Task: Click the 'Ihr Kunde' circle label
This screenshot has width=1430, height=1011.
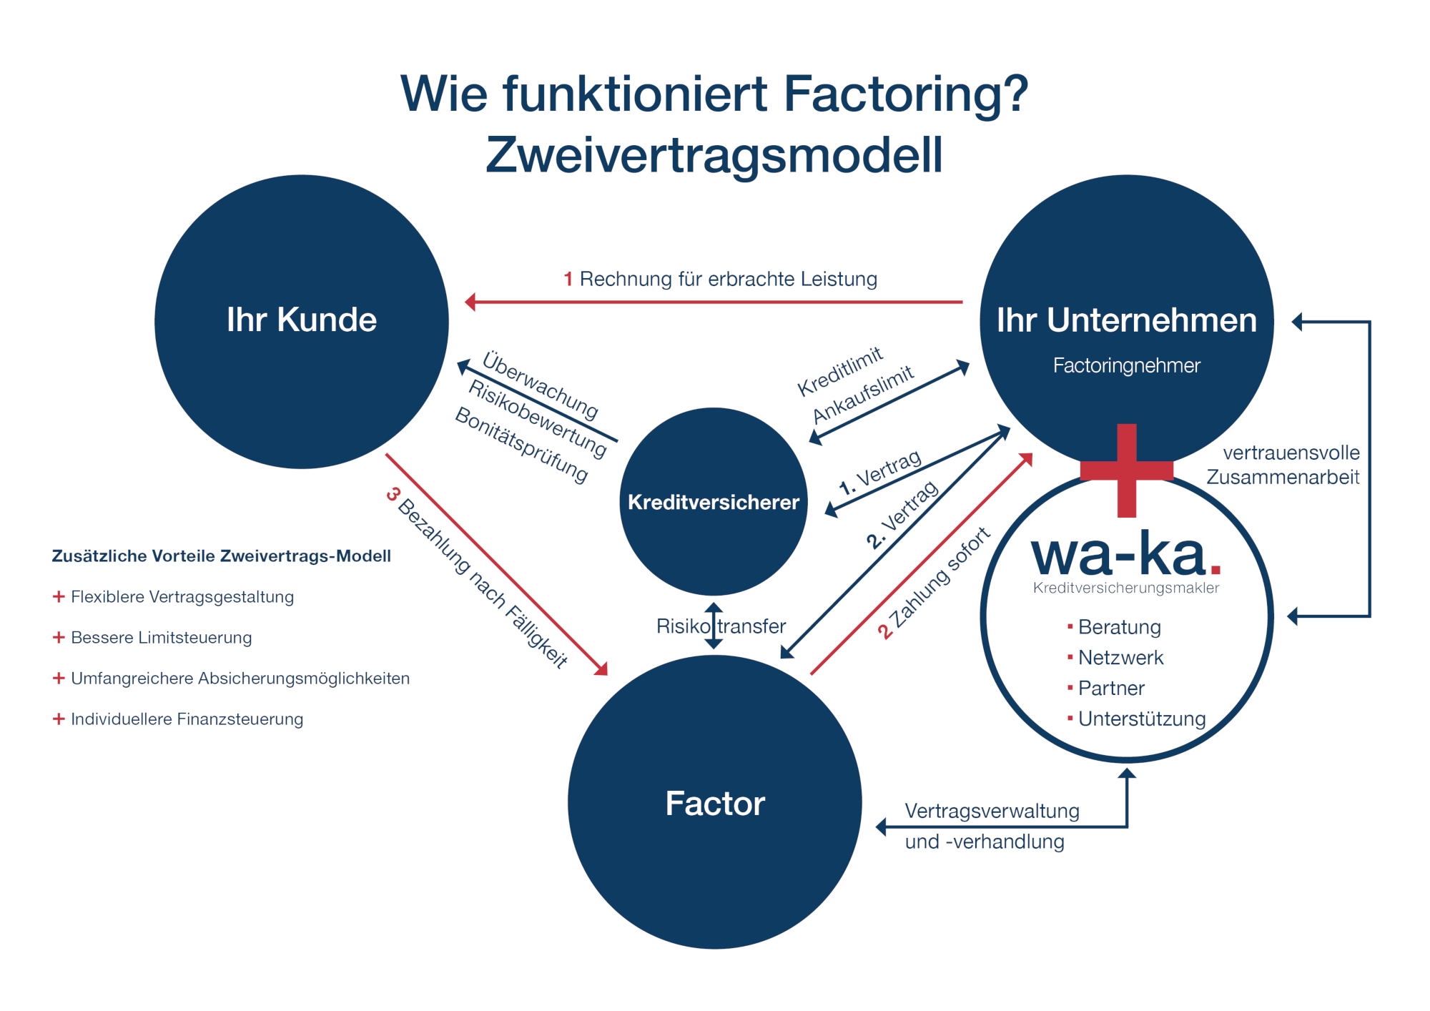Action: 301,320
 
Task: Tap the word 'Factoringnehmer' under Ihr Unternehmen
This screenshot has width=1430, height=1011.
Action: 1126,365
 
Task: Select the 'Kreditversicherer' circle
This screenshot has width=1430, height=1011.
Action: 713,502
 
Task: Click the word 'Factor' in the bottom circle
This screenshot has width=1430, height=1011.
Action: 714,803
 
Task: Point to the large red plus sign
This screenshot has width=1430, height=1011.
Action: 1126,470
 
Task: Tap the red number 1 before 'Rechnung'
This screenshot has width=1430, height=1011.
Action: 568,279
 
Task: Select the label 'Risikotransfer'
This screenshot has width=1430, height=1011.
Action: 721,626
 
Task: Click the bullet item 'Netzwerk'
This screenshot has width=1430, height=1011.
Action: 1120,657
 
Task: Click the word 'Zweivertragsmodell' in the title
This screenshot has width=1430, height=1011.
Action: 714,155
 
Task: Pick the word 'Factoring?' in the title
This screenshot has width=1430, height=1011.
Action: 905,94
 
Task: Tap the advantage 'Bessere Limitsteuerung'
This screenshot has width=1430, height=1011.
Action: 161,637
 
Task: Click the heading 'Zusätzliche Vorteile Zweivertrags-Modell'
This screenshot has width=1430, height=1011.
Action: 221,556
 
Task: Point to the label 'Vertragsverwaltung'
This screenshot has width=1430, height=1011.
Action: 992,811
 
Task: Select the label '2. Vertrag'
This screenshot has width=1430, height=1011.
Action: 902,515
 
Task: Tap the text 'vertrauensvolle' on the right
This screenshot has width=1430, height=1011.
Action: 1291,453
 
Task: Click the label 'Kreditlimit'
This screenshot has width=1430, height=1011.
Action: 840,372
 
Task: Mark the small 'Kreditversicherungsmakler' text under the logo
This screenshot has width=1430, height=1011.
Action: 1125,588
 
